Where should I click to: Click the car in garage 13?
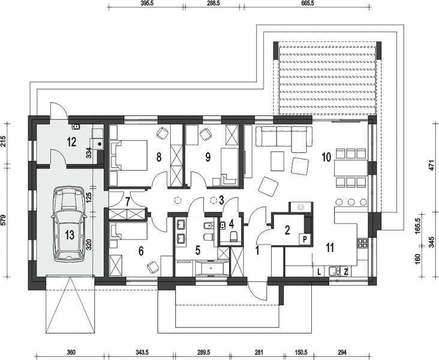68,224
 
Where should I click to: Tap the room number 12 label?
72,142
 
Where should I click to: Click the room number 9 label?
208,157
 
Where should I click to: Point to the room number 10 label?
326,157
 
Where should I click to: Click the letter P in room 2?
305,239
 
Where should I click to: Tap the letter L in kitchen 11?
318,272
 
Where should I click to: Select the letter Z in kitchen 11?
346,271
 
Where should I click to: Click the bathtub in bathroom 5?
211,268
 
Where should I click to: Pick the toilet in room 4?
233,236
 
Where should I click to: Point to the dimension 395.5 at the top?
146,2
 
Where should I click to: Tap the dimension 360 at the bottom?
71,352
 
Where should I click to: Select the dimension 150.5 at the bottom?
299,352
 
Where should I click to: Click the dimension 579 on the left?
4,220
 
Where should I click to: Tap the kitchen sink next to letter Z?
335,271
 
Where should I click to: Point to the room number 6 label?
141,251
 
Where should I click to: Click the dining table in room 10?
350,168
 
